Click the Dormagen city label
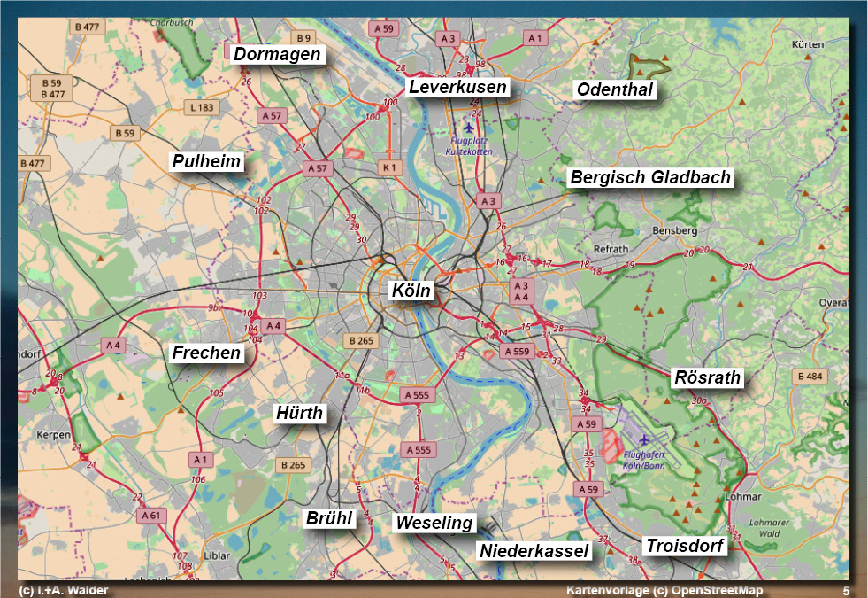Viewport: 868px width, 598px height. (277, 55)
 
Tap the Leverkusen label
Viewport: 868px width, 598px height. (457, 87)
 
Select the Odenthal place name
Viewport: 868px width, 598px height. (615, 89)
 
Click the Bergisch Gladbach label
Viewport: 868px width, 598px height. (650, 177)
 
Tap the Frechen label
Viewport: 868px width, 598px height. (206, 353)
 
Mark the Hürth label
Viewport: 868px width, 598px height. (300, 413)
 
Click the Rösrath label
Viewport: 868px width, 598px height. (707, 377)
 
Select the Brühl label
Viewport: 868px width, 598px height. (328, 519)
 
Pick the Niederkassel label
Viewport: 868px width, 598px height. (534, 551)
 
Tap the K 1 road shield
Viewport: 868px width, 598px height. (389, 167)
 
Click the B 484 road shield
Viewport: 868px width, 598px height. (810, 377)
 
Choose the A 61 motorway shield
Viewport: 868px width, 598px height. (150, 515)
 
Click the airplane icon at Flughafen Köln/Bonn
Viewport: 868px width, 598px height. (643, 439)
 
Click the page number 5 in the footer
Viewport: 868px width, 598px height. (846, 591)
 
